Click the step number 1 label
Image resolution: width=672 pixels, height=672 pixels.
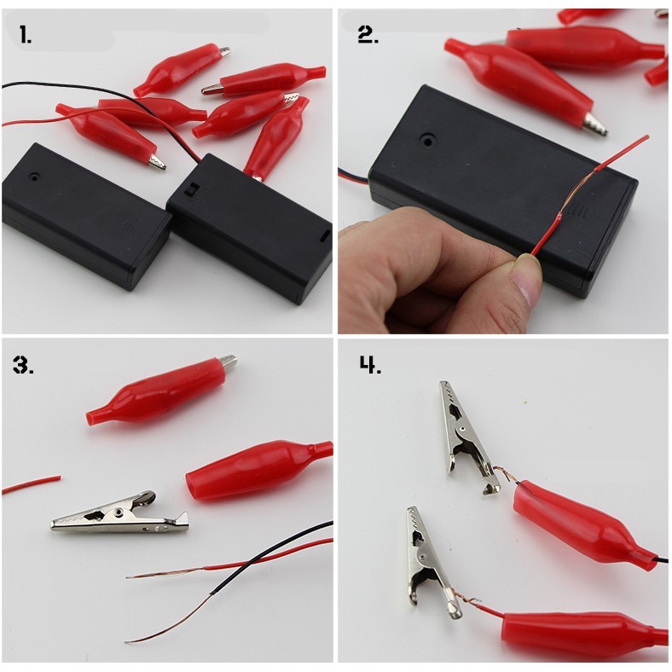(26, 34)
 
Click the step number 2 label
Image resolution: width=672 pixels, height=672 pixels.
(368, 35)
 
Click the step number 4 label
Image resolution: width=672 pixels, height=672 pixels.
(370, 365)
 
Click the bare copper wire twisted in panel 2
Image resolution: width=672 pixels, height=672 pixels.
(577, 192)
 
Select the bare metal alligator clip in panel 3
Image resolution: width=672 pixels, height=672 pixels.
(120, 514)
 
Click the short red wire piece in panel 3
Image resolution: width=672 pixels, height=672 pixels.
(32, 484)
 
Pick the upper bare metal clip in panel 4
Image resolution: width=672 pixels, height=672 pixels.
(467, 437)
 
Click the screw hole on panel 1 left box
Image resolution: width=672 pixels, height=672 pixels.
(33, 177)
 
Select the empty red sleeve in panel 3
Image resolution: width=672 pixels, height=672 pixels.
(258, 469)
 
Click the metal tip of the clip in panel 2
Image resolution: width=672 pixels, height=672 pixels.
(595, 124)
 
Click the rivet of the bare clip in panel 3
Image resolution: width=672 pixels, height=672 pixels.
(119, 512)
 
